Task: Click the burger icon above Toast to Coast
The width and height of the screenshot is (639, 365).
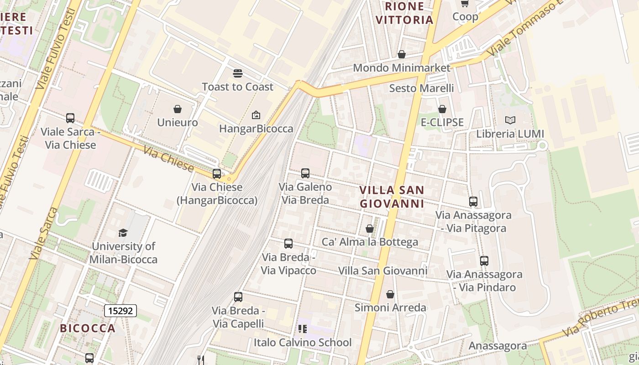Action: [x=237, y=73]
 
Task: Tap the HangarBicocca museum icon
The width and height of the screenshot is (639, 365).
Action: [x=256, y=115]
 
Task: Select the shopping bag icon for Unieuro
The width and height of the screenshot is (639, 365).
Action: [x=178, y=109]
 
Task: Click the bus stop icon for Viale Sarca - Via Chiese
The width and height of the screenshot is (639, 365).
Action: [x=70, y=118]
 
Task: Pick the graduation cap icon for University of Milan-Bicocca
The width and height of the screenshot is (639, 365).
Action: [x=123, y=233]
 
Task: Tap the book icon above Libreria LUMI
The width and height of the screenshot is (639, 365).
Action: [x=510, y=120]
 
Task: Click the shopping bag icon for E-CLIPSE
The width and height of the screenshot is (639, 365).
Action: [x=442, y=109]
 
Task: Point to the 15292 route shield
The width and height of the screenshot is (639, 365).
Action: [x=120, y=311]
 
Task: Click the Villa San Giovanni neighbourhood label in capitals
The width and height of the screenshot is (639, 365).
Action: [x=392, y=197]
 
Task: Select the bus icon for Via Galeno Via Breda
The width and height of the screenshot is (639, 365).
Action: [x=305, y=173]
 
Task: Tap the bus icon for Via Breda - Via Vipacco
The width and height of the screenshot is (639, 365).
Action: [x=288, y=244]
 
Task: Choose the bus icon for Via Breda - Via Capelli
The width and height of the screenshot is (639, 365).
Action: [x=238, y=297]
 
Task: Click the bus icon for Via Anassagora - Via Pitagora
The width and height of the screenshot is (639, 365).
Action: [x=473, y=201]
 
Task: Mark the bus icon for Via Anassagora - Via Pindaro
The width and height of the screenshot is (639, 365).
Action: [x=484, y=261]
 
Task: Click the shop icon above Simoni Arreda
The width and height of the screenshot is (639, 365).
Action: [x=390, y=294]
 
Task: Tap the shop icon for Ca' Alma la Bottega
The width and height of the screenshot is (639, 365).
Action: [x=370, y=229]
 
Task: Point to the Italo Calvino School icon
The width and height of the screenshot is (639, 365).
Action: [x=302, y=329]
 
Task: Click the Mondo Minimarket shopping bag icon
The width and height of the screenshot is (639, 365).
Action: [x=402, y=55]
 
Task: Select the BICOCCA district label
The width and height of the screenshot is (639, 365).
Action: [x=88, y=328]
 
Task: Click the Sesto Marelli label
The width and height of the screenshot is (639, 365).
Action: [x=421, y=88]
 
